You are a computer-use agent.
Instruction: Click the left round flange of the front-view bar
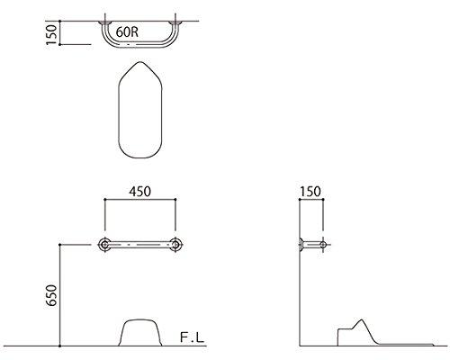coord(106,244)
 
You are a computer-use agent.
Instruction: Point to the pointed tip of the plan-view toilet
coord(144,63)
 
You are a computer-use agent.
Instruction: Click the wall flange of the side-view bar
coord(301,244)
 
